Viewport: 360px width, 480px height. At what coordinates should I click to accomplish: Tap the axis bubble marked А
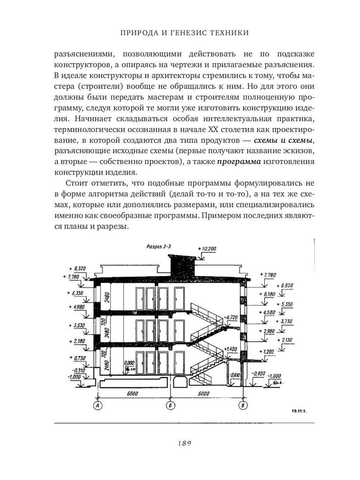(97, 406)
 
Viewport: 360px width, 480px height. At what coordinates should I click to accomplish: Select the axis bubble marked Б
(171, 406)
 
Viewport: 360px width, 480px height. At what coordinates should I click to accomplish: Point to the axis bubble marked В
(242, 406)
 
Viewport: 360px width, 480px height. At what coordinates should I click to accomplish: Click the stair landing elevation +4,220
(232, 317)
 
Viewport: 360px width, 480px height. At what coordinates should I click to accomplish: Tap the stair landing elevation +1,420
(231, 349)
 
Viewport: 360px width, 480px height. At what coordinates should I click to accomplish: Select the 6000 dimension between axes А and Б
(133, 394)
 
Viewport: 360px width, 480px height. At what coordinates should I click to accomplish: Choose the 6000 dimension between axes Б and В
(204, 394)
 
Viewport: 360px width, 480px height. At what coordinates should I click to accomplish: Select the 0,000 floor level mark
(130, 363)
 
